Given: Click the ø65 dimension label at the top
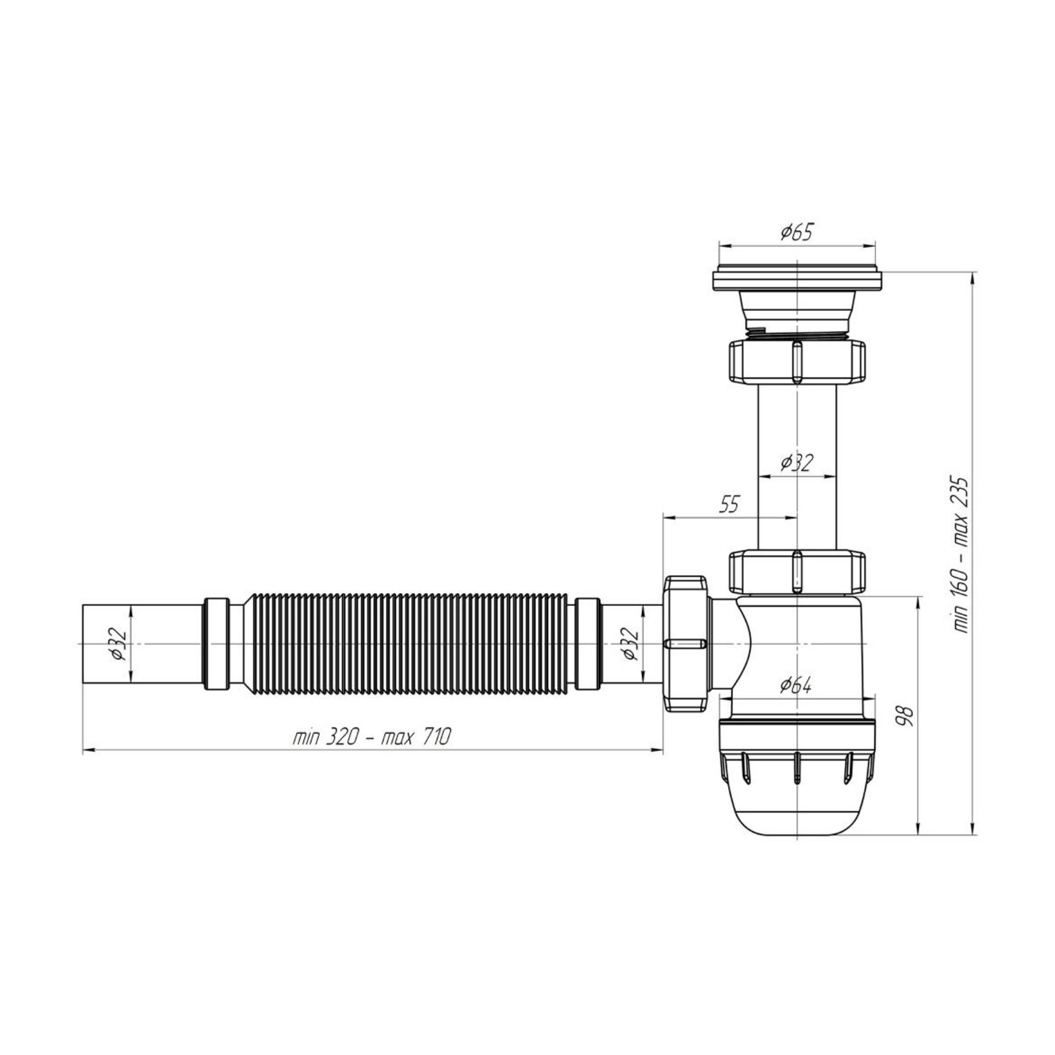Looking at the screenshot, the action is (x=797, y=232).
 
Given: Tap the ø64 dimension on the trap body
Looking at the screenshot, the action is (x=796, y=686).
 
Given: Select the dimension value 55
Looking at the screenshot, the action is (x=729, y=505).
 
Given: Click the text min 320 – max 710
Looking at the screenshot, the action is (x=372, y=737).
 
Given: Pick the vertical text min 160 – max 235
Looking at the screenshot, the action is (x=961, y=555).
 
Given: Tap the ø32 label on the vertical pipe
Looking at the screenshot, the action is (x=797, y=463).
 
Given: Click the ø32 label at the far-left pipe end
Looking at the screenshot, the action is (x=120, y=644).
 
